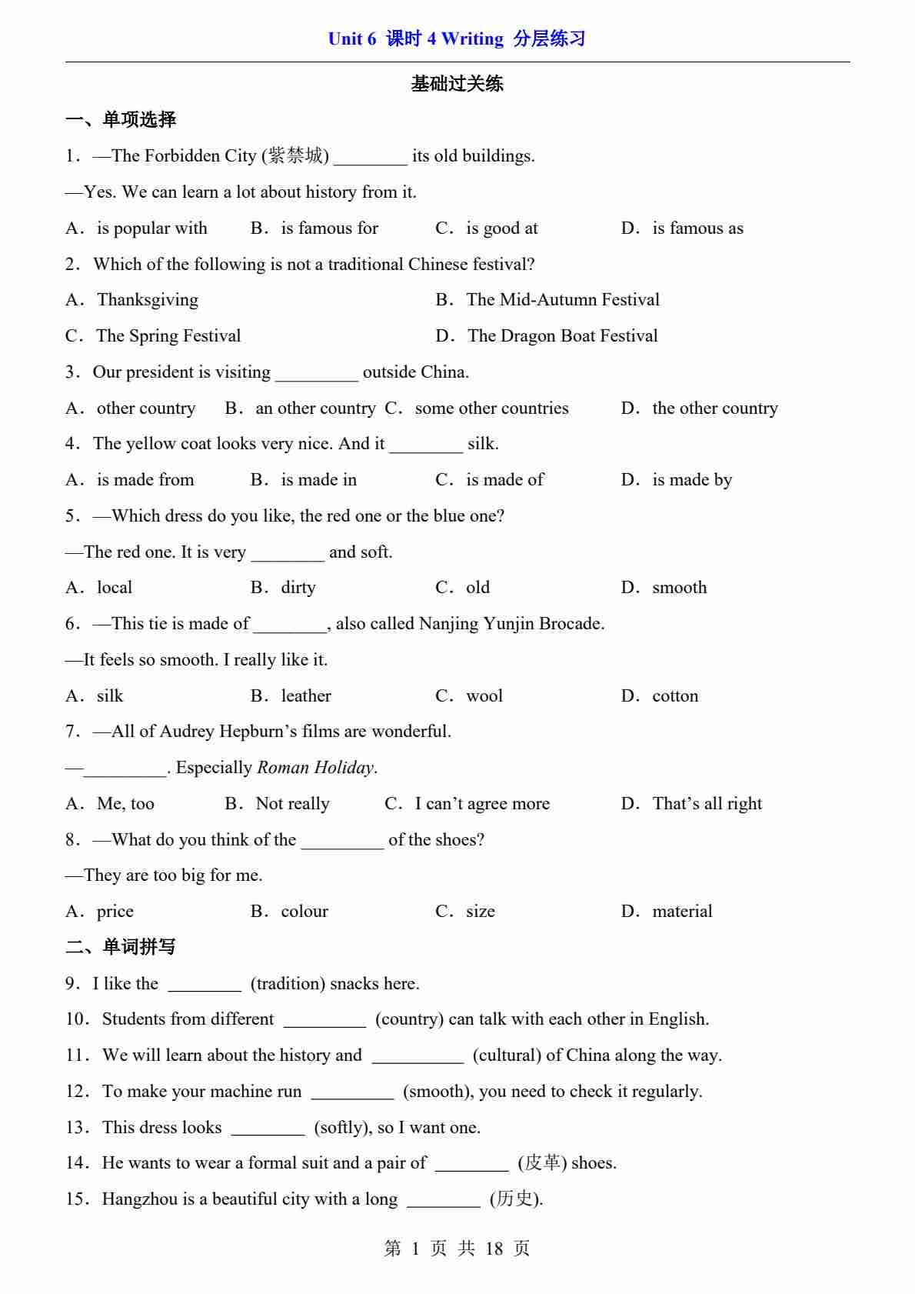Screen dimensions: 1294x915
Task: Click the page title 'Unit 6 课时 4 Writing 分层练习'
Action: click(457, 38)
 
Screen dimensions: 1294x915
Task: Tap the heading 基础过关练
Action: click(457, 84)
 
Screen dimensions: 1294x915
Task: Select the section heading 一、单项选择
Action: click(121, 119)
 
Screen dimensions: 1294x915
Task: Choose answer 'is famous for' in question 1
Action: click(329, 228)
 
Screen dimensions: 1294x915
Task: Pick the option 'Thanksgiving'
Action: click(147, 300)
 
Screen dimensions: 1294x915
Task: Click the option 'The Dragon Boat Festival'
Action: click(562, 336)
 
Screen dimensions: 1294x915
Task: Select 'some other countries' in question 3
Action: click(491, 409)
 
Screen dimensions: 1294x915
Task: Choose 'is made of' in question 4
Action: click(504, 480)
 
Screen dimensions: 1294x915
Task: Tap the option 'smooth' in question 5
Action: click(679, 588)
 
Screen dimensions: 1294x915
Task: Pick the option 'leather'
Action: click(306, 696)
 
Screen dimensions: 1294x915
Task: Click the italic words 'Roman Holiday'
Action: click(315, 768)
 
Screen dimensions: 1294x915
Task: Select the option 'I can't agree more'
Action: click(482, 804)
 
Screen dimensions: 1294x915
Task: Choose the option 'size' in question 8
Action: click(480, 912)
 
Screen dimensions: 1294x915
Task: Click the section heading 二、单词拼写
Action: click(121, 947)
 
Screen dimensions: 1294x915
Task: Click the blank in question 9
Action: click(205, 985)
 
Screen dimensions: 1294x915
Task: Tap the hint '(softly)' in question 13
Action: click(343, 1128)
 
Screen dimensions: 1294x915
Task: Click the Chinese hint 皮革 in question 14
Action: click(542, 1163)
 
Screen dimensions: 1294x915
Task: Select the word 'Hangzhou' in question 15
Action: click(139, 1199)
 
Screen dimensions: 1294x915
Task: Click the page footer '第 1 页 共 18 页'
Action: click(457, 1249)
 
